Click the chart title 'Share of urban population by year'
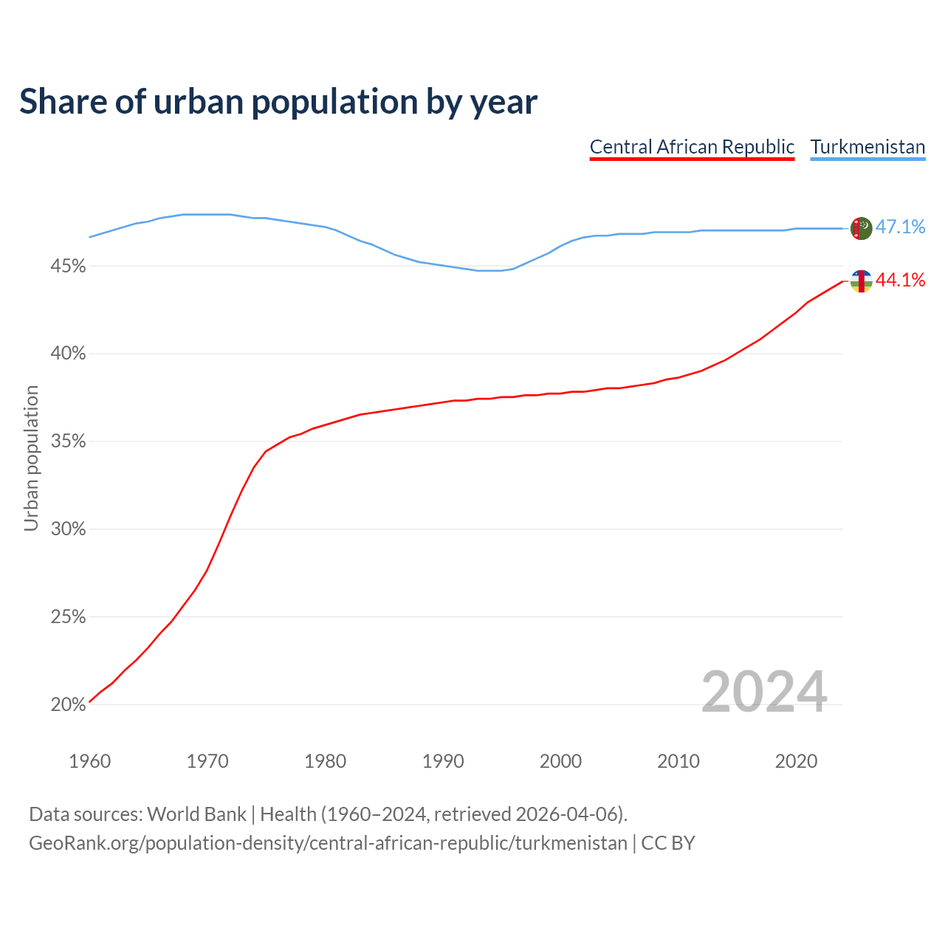click(278, 102)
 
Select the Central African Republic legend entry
click(692, 147)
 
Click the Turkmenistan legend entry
click(867, 147)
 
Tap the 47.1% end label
click(900, 227)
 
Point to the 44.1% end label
click(900, 280)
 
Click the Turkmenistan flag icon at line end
click(862, 228)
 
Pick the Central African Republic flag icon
click(862, 281)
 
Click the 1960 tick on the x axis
click(90, 761)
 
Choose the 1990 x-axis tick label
click(443, 761)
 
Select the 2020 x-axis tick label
click(796, 761)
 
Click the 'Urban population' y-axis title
click(31, 458)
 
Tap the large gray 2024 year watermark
click(764, 693)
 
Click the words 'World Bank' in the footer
click(196, 814)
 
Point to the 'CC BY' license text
click(668, 843)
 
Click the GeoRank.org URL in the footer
click(328, 843)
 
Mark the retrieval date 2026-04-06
click(566, 814)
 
